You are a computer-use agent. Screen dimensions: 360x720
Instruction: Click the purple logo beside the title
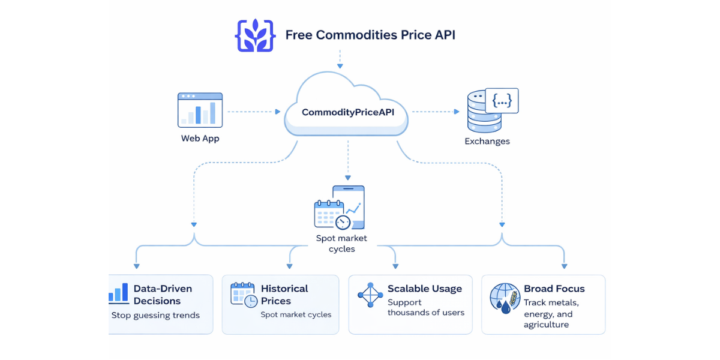click(x=255, y=35)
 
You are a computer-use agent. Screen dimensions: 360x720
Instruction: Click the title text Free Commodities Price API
click(x=370, y=35)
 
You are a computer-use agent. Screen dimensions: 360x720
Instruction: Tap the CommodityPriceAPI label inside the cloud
click(x=348, y=112)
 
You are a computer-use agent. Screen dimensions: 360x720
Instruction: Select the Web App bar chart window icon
click(x=200, y=110)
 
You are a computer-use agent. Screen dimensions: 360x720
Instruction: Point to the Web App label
click(x=200, y=139)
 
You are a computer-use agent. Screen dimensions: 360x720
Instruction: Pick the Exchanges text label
click(x=487, y=142)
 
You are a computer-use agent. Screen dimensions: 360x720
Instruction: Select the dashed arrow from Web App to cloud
click(x=253, y=112)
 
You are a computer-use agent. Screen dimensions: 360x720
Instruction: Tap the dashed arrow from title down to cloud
click(x=340, y=58)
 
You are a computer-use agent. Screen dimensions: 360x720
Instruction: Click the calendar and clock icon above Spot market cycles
click(x=340, y=208)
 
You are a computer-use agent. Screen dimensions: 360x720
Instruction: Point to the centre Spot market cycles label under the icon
click(x=341, y=244)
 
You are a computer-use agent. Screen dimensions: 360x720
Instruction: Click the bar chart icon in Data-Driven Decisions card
click(x=119, y=293)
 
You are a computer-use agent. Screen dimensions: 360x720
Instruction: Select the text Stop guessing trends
click(x=155, y=315)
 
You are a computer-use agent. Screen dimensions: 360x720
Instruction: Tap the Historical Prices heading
click(x=284, y=295)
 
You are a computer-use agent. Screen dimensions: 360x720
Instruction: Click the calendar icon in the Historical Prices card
click(x=244, y=295)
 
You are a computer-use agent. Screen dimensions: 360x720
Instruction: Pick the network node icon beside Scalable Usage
click(x=370, y=295)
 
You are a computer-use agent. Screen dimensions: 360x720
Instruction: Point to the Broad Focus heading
click(x=554, y=289)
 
